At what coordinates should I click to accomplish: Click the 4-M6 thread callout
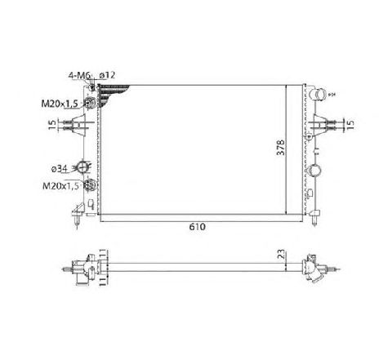[x=80, y=75]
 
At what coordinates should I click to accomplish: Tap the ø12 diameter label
[x=106, y=75]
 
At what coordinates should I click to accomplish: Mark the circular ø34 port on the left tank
[x=82, y=167]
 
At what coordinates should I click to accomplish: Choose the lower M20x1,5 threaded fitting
[x=91, y=186]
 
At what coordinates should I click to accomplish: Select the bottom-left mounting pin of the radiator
[x=76, y=219]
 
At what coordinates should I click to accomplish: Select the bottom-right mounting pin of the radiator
[x=315, y=219]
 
